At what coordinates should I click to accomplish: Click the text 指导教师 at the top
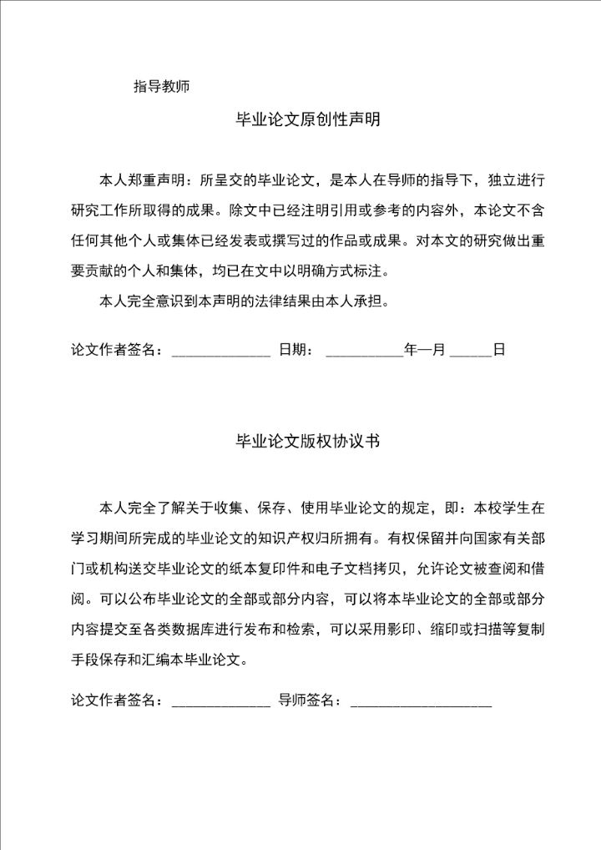pos(162,85)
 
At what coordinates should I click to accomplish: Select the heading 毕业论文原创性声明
pos(308,120)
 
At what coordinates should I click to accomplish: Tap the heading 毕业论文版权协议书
pos(308,441)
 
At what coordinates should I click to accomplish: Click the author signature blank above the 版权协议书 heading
pos(220,351)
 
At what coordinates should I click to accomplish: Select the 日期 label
pos(293,351)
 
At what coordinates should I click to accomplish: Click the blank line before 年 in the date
pos(364,351)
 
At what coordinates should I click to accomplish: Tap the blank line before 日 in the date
pos(471,351)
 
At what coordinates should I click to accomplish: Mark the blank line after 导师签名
pos(421,701)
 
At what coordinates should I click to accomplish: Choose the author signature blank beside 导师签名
pos(220,701)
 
